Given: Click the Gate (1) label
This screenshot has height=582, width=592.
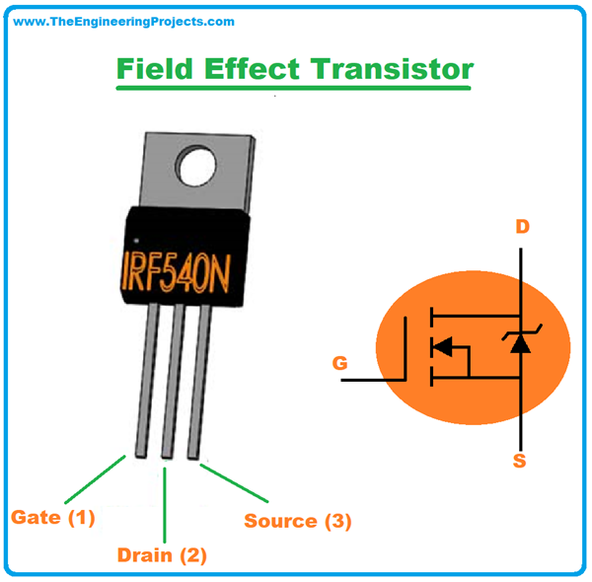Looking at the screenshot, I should click(53, 517).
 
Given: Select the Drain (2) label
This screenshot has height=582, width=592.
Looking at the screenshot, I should click(162, 555).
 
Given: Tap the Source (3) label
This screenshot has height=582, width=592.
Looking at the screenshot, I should click(297, 521).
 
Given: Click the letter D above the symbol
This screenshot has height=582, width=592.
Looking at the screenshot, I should click(523, 227).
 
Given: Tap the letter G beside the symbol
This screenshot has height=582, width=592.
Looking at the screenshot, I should click(339, 363).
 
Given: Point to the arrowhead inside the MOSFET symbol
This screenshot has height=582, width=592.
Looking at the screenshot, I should click(445, 346).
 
